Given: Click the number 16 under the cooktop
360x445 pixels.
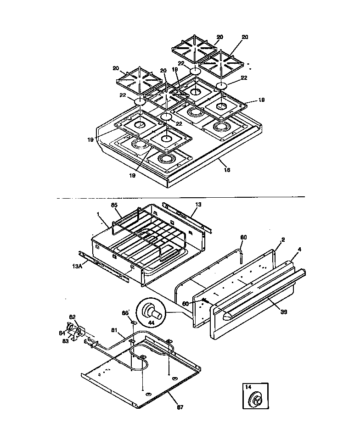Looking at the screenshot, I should point(226,169).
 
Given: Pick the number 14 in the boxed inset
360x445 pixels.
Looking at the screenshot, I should point(248,387).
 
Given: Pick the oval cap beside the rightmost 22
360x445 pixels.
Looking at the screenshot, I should point(222,85).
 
